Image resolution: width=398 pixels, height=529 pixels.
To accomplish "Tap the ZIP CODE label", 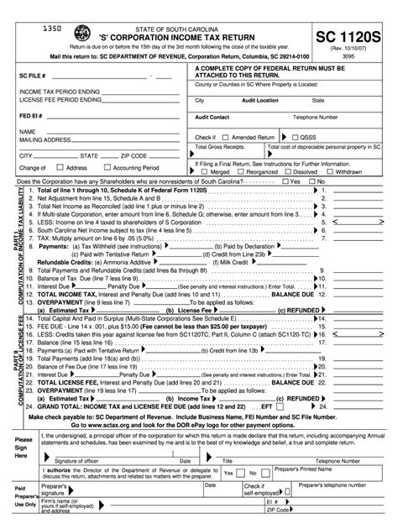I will pos(135,156).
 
